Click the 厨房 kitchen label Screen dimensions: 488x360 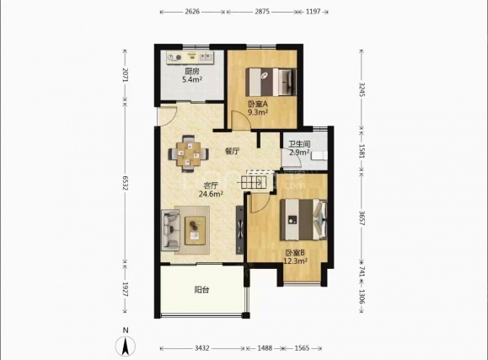click(191, 71)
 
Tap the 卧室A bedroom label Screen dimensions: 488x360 click(258, 104)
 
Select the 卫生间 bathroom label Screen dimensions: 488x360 click(299, 144)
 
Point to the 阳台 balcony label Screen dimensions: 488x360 click(201, 290)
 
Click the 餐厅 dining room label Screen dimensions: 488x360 click(232, 152)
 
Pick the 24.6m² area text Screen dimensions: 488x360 click(211, 194)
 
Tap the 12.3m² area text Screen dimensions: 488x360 click(295, 261)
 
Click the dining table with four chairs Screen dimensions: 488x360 click(188, 153)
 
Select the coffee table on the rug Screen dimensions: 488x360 click(196, 230)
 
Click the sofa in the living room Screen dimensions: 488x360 click(170, 230)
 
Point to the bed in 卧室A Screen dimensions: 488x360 click(271, 83)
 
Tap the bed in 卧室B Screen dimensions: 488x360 click(303, 220)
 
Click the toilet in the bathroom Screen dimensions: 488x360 click(319, 156)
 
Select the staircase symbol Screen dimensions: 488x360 click(254, 182)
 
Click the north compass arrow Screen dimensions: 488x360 click(126, 347)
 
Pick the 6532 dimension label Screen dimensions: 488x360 click(125, 183)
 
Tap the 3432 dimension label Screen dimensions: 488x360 click(202, 348)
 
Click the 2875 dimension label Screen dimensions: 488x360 click(262, 12)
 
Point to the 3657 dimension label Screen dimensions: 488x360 click(362, 218)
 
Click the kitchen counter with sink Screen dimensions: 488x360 click(190, 57)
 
